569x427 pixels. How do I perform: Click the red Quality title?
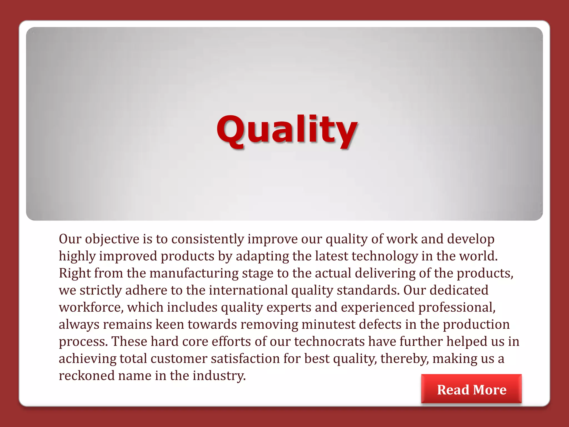point(287,130)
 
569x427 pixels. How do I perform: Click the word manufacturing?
point(194,273)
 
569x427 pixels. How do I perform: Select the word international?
point(248,291)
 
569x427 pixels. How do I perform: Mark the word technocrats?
point(330,342)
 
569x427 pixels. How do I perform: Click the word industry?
point(219,376)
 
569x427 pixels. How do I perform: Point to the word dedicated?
point(459,291)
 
